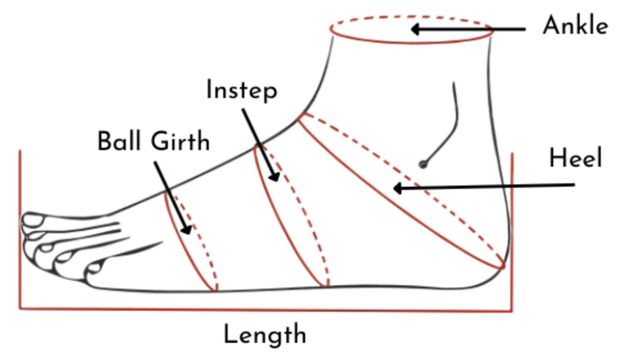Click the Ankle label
575,25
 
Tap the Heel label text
575,160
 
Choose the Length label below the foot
265,335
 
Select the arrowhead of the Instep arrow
274,177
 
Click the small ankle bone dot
423,164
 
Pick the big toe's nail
34,220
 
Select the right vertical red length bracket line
512,222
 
